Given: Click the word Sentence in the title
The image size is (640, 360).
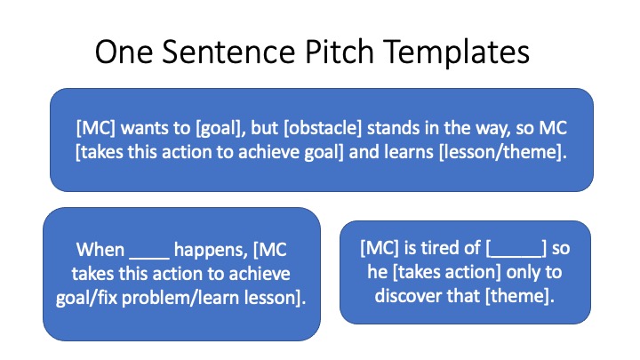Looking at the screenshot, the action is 228,52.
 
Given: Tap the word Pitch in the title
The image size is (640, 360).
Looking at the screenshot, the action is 340,52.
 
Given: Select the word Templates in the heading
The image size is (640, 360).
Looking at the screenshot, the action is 456,52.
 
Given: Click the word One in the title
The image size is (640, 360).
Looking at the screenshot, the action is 124,52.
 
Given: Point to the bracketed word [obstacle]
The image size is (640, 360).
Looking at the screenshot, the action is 323,128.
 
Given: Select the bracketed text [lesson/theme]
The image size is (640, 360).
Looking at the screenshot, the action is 503,152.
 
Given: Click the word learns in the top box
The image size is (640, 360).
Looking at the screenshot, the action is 409,152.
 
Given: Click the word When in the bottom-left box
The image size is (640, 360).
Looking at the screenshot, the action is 100,250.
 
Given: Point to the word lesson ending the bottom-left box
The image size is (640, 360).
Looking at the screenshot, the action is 273,298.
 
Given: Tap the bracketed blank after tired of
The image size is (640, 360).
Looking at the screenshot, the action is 516,248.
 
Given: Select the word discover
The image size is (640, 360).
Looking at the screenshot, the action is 406,295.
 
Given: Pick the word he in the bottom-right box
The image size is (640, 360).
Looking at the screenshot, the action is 377,271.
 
